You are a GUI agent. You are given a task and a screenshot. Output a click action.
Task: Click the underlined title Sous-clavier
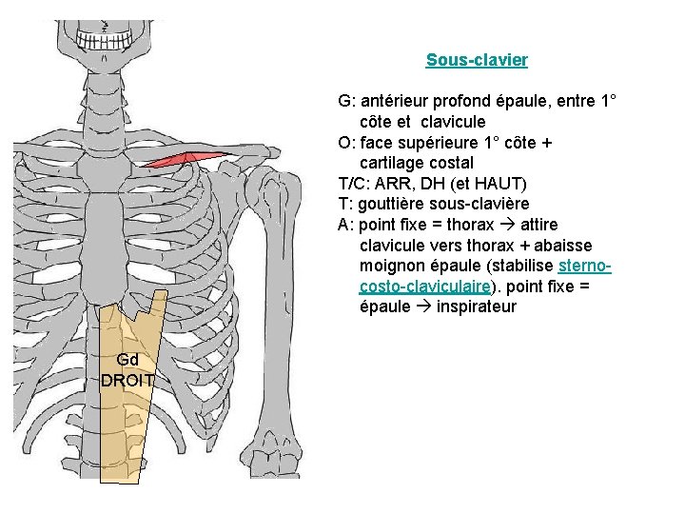pos(477,60)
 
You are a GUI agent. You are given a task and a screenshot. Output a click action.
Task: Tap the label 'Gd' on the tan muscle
pos(127,360)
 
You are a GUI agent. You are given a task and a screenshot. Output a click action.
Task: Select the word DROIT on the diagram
pos(129,380)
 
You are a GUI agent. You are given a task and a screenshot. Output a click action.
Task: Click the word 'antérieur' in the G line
pos(394,101)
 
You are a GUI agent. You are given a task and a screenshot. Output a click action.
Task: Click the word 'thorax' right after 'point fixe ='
pos(470,225)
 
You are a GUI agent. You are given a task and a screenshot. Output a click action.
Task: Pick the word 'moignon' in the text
pos(391,266)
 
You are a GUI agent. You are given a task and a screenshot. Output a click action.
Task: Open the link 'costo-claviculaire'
pos(425,287)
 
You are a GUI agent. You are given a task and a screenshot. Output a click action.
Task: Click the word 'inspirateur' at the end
pos(476,306)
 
